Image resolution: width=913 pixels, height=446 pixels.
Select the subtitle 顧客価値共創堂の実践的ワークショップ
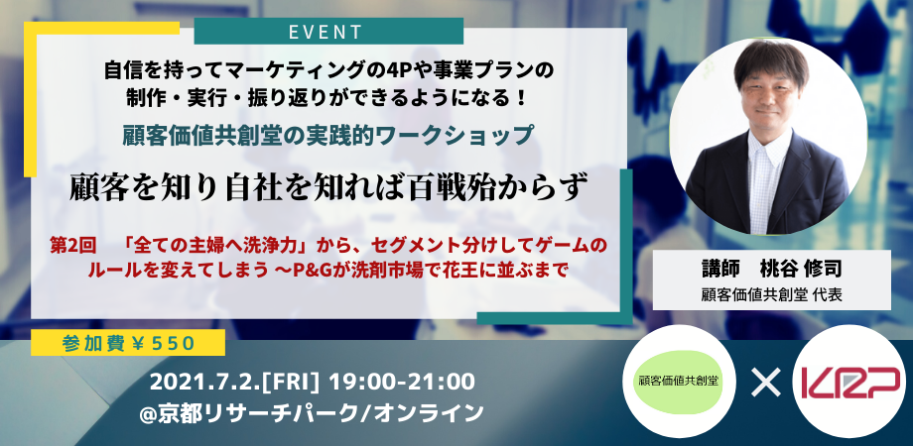[326, 134]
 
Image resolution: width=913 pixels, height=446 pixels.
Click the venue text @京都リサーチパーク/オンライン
[314, 412]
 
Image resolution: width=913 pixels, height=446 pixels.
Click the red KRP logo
[852, 382]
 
